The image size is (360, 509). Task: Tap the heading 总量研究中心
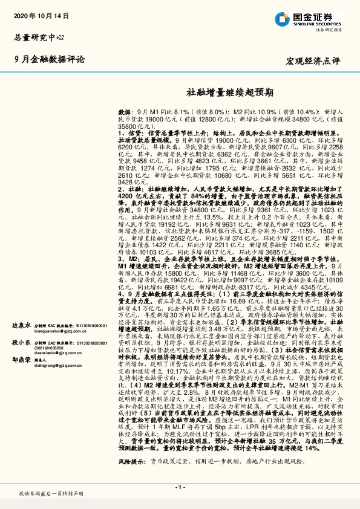39,37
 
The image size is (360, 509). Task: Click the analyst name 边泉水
21,325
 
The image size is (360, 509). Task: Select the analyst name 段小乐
21,342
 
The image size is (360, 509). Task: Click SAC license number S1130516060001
83,325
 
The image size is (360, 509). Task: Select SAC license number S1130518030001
83,342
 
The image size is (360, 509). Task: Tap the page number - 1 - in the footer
180,487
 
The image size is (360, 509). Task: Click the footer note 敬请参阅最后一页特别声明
51,494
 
